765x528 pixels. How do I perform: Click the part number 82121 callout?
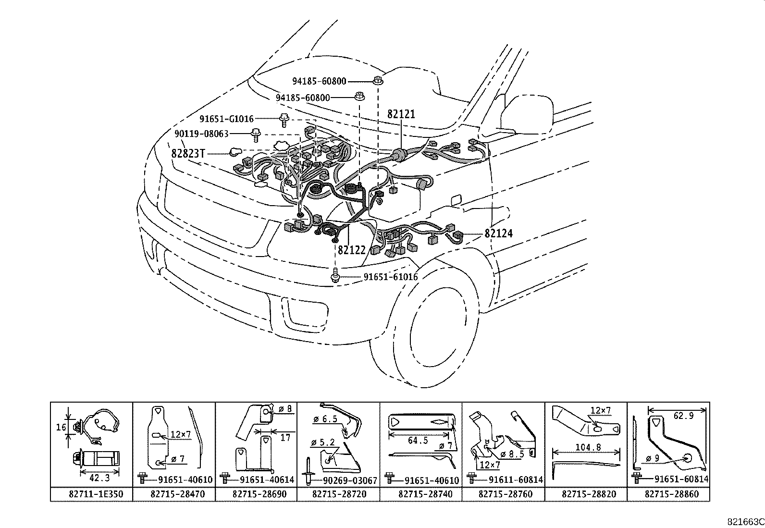pos(401,114)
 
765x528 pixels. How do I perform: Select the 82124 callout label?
pos(498,233)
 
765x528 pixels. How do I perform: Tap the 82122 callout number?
pos(352,250)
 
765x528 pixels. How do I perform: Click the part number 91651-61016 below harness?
pos(390,277)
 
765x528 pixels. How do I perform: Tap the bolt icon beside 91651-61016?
pos(335,276)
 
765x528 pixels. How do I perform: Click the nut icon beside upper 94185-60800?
pos(378,80)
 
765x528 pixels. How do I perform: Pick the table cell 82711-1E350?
pos(91,494)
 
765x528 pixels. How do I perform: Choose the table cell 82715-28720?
pos(338,494)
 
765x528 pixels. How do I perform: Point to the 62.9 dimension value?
pos(683,416)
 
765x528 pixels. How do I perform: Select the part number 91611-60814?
pos(516,480)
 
